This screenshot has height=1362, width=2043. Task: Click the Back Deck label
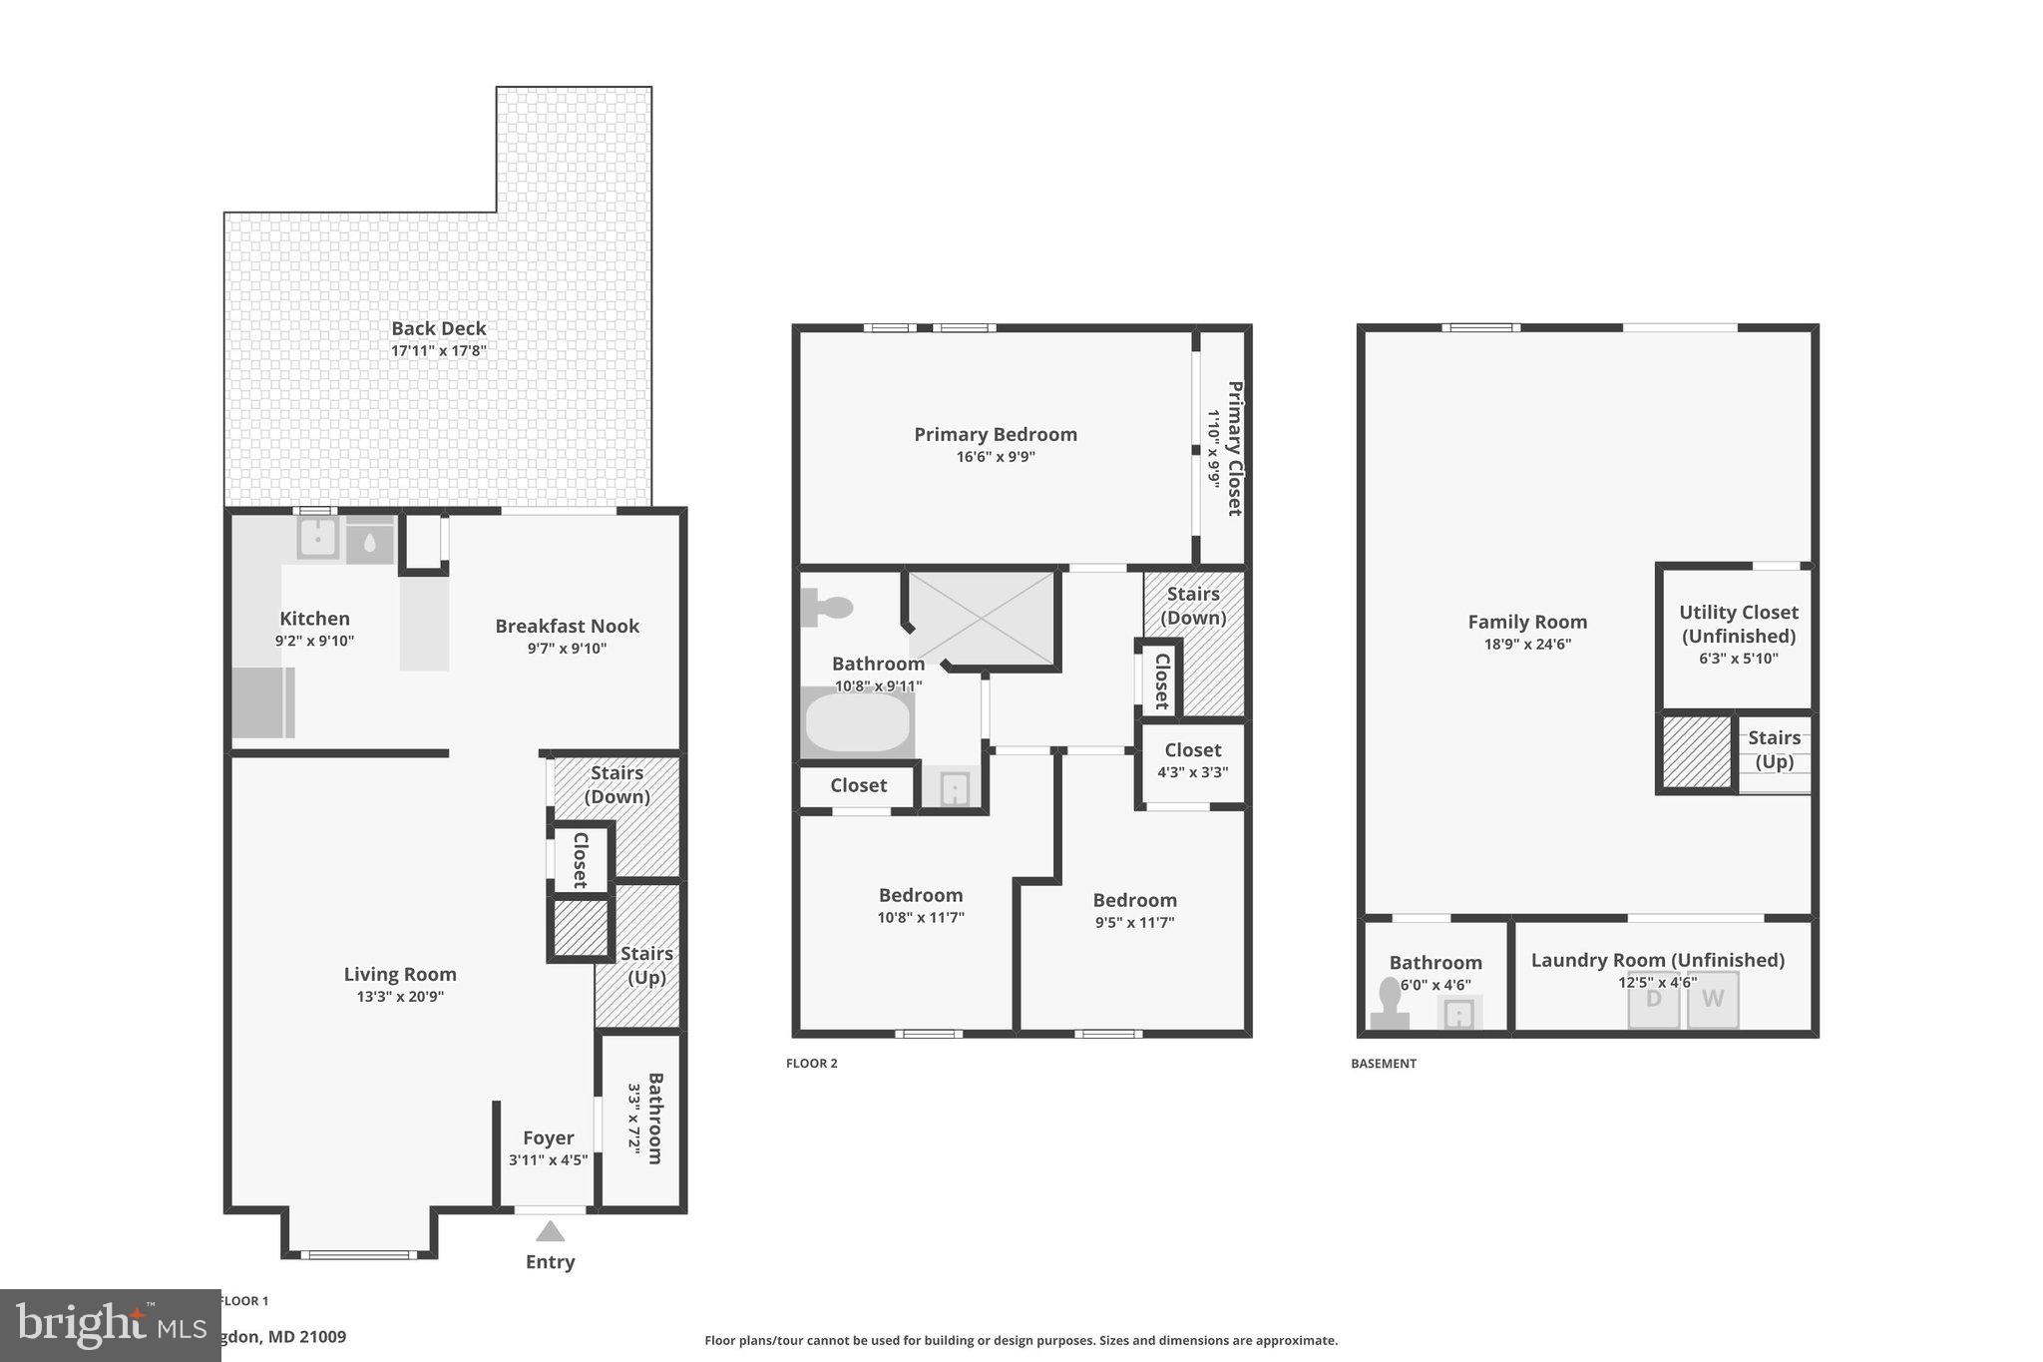click(x=439, y=328)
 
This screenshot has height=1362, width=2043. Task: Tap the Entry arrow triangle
click(x=550, y=1231)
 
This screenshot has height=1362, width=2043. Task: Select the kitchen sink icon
click(x=318, y=539)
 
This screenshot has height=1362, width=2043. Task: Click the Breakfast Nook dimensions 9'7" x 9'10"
click(x=567, y=649)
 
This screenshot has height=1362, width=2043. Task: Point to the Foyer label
click(x=548, y=1137)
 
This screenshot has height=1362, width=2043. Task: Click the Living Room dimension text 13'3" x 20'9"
click(x=400, y=996)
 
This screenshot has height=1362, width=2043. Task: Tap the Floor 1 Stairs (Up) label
click(x=645, y=965)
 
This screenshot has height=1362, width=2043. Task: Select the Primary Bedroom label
click(x=995, y=434)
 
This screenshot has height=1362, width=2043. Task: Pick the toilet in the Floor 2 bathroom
click(x=827, y=607)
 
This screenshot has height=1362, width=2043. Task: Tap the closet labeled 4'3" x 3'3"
click(x=1192, y=760)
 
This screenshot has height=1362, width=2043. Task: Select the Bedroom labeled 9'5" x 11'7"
click(x=1134, y=900)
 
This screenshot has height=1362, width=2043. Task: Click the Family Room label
click(x=1526, y=622)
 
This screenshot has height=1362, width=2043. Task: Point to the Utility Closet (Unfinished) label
click(x=1738, y=624)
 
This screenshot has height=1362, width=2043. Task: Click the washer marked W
click(x=1713, y=999)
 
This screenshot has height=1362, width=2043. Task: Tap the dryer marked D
click(x=1654, y=999)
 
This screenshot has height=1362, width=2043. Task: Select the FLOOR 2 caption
click(x=811, y=1064)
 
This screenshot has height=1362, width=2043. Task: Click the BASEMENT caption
click(x=1383, y=1064)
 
